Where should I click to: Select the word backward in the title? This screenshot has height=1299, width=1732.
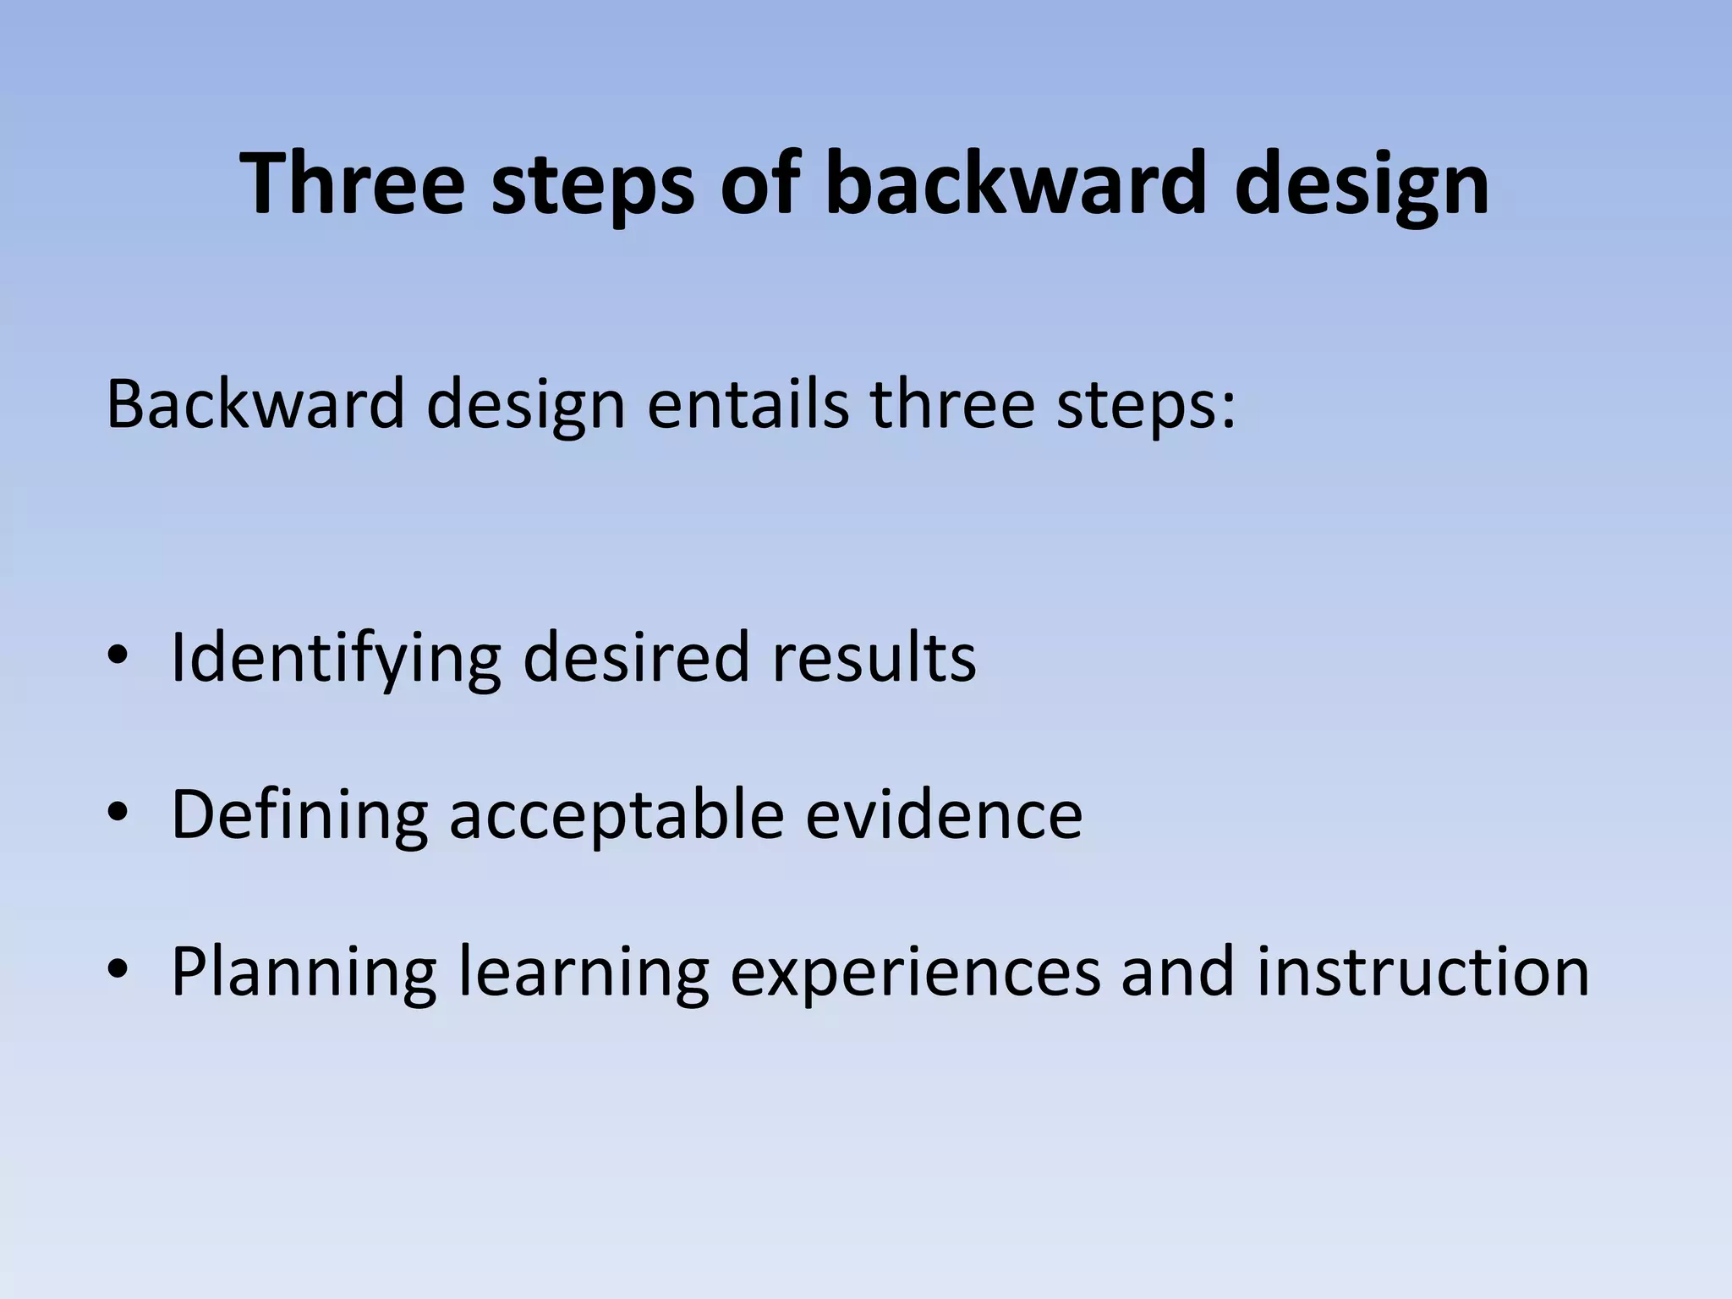(1014, 184)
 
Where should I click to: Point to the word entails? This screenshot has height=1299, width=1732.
(748, 404)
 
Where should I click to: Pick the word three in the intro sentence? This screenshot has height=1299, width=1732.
(952, 404)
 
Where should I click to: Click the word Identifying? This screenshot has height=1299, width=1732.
(336, 658)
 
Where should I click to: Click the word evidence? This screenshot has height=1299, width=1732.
(943, 814)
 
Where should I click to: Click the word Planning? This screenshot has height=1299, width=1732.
(304, 973)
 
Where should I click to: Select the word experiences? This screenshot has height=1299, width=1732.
(915, 973)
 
